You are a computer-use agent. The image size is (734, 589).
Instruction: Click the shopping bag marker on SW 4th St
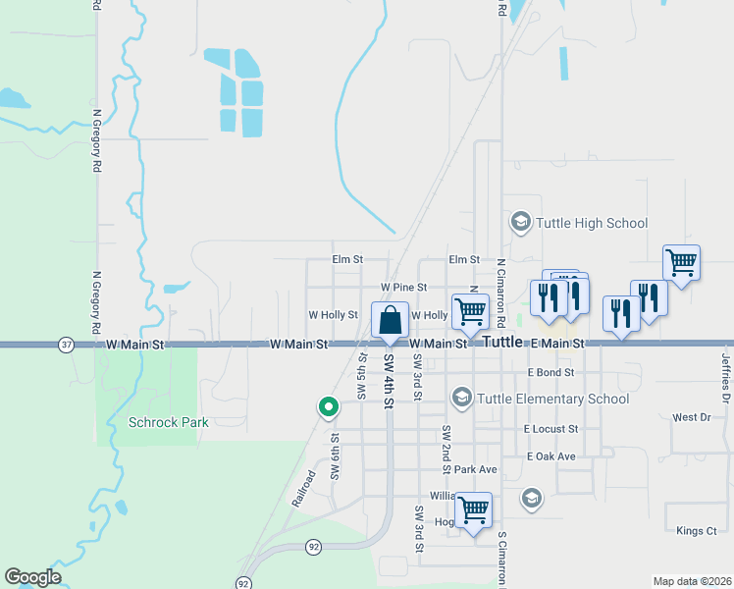pyautogui.click(x=391, y=321)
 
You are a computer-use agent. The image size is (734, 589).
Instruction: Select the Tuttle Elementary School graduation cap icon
pyautogui.click(x=461, y=398)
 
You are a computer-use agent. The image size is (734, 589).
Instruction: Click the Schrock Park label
pyautogui.click(x=169, y=422)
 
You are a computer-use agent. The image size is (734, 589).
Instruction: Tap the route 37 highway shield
pyautogui.click(x=66, y=345)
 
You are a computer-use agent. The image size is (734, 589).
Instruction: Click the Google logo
pyautogui.click(x=33, y=577)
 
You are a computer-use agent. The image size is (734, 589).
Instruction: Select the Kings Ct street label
pyautogui.click(x=697, y=531)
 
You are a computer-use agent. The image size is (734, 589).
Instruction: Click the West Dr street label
pyautogui.click(x=691, y=417)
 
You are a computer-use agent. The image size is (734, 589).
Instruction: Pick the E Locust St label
pyautogui.click(x=550, y=429)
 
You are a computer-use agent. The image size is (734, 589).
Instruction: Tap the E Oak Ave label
pyautogui.click(x=550, y=456)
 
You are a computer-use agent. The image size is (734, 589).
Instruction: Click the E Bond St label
pyautogui.click(x=550, y=373)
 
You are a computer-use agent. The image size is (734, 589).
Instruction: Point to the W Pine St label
pyautogui.click(x=404, y=287)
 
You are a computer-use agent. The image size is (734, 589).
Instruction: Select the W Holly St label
pyautogui.click(x=334, y=315)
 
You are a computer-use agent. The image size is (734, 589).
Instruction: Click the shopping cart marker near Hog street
pyautogui.click(x=474, y=510)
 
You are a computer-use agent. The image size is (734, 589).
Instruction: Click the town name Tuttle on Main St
pyautogui.click(x=502, y=343)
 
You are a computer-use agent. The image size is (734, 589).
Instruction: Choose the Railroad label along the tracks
pyautogui.click(x=304, y=488)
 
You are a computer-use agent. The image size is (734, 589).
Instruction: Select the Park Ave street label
pyautogui.click(x=476, y=469)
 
